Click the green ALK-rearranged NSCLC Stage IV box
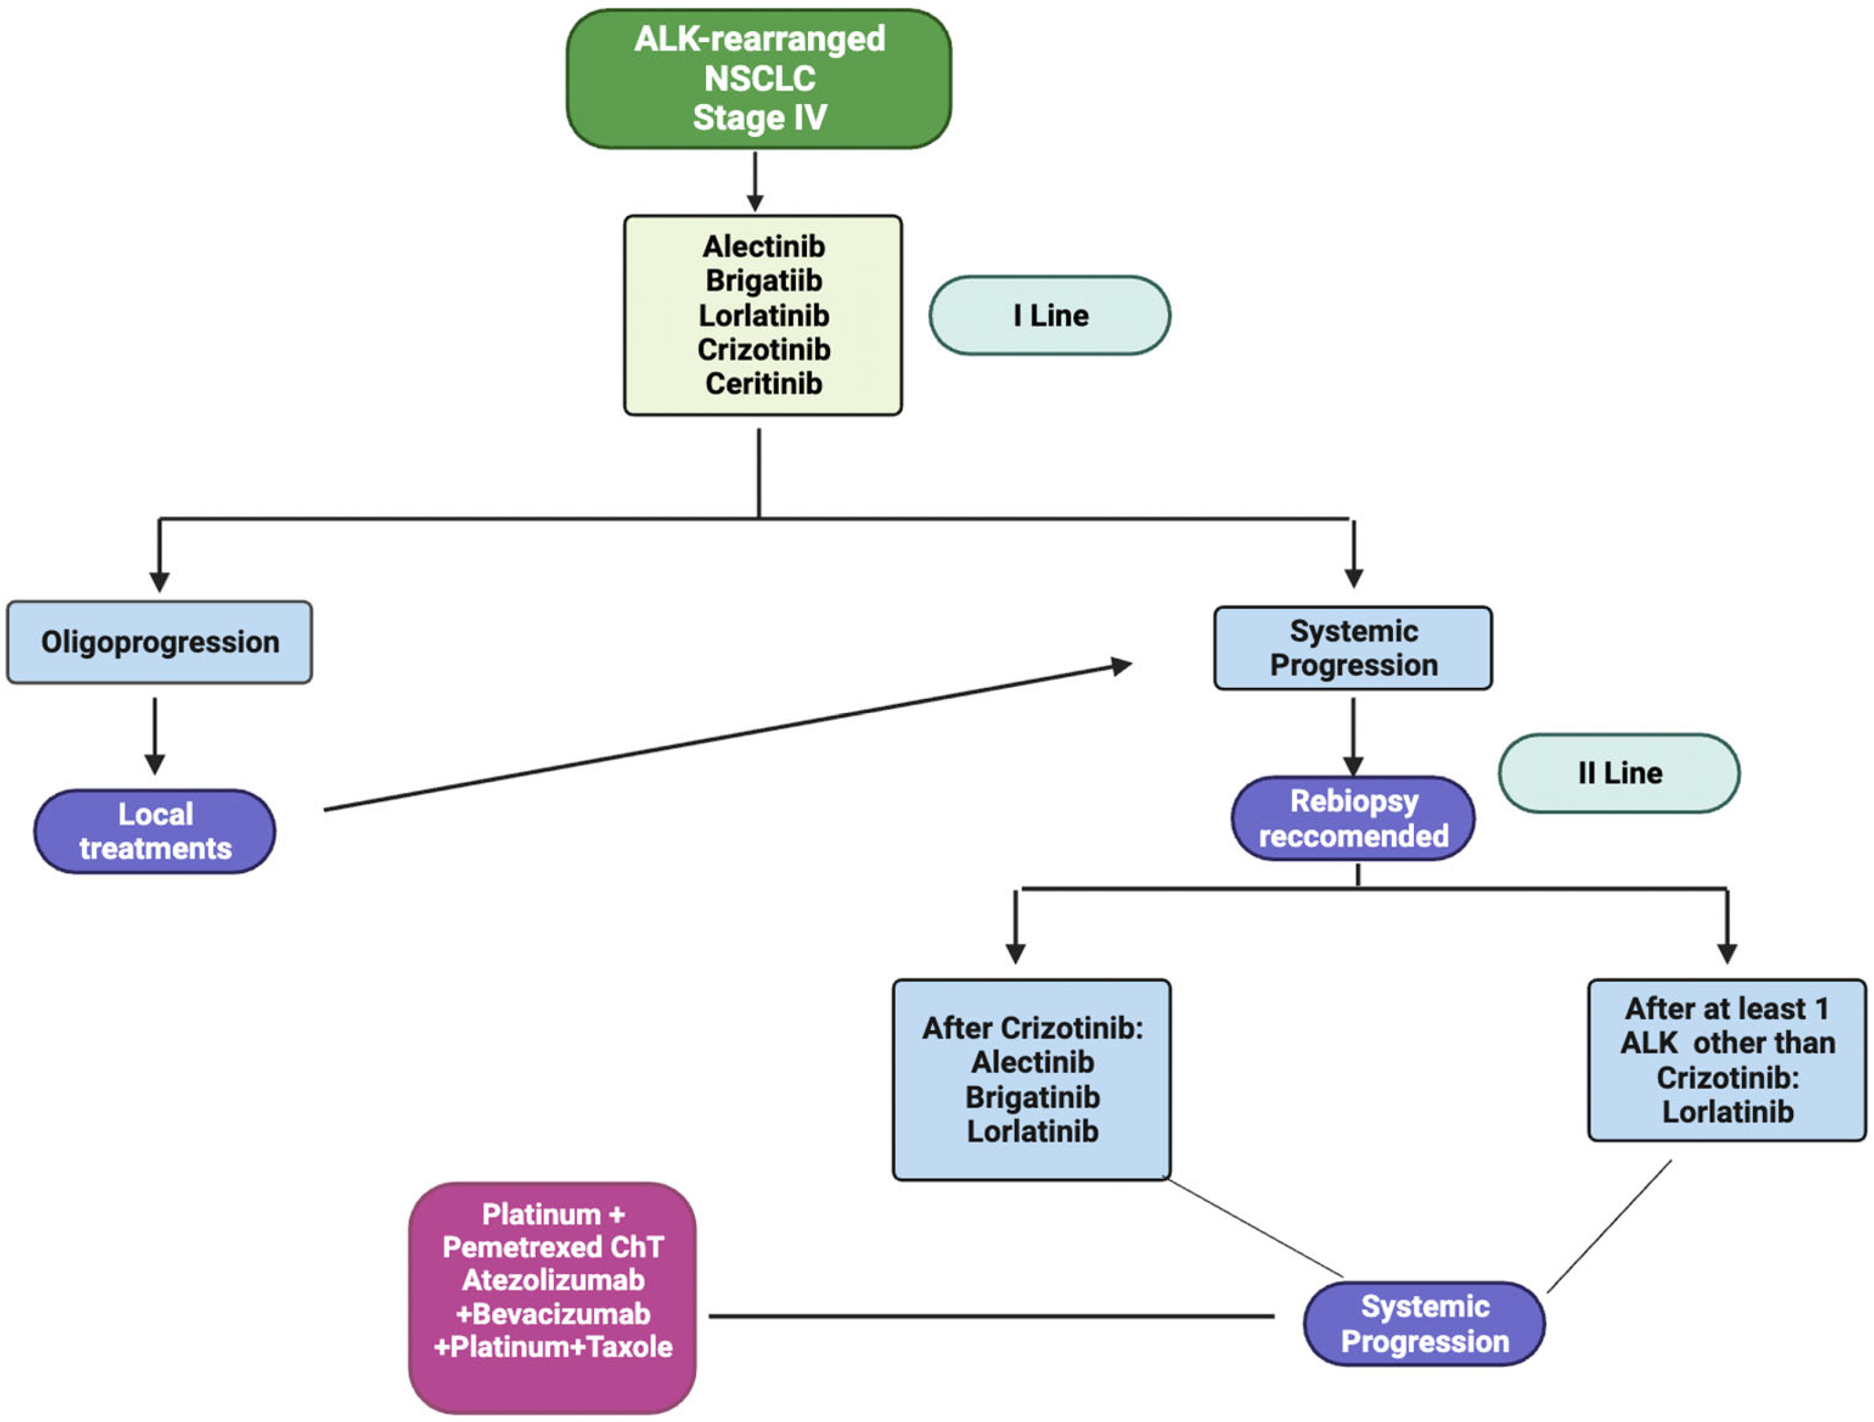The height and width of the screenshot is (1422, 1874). [758, 78]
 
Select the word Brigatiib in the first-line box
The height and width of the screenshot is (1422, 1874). [763, 281]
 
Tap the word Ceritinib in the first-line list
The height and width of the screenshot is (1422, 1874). [763, 384]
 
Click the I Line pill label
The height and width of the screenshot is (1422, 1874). [1050, 316]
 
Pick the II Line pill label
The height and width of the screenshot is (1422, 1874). [1619, 773]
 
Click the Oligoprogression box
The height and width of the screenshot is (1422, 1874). [159, 642]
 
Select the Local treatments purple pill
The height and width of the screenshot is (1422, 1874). [155, 832]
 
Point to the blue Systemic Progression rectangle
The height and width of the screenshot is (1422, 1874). [1353, 649]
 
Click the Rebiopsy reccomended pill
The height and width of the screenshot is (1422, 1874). [1353, 819]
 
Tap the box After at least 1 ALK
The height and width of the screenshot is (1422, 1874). [1727, 1059]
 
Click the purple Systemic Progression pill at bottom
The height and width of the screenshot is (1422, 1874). [1424, 1324]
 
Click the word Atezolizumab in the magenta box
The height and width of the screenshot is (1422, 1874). [552, 1280]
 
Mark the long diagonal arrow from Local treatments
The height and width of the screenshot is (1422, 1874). [729, 737]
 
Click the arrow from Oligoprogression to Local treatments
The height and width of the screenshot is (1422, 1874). [155, 734]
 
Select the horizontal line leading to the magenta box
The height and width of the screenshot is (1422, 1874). [991, 1316]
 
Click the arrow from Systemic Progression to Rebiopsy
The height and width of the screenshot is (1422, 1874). [1353, 734]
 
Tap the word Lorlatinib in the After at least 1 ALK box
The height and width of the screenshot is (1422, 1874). [1727, 1112]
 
